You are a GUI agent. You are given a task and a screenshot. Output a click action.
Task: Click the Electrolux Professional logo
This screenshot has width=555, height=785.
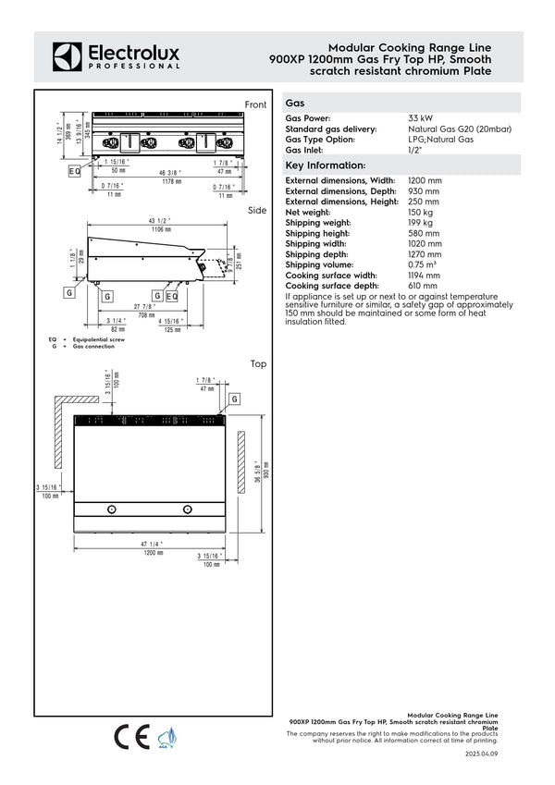pyautogui.click(x=116, y=55)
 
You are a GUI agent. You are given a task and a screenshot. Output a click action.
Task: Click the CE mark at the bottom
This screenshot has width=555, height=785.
pyautogui.click(x=130, y=737)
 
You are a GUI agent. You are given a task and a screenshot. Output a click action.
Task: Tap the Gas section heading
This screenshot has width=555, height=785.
pyautogui.click(x=296, y=104)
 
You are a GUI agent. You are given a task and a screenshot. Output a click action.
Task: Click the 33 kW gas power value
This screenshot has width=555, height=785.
pyautogui.click(x=420, y=119)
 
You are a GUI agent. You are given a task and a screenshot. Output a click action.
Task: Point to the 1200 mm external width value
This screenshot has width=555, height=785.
pyautogui.click(x=425, y=180)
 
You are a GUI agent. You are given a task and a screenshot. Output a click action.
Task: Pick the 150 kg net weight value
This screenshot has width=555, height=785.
pyautogui.click(x=420, y=212)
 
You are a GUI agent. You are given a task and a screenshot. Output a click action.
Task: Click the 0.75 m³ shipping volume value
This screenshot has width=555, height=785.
pyautogui.click(x=423, y=264)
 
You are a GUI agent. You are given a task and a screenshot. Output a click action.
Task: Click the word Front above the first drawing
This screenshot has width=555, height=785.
pyautogui.click(x=255, y=104)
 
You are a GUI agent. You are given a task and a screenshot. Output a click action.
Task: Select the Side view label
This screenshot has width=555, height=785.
pyautogui.click(x=257, y=211)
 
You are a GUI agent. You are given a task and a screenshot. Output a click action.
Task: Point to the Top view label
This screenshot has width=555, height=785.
pyautogui.click(x=258, y=364)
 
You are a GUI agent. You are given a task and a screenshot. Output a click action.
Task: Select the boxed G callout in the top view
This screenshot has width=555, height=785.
pyautogui.click(x=235, y=399)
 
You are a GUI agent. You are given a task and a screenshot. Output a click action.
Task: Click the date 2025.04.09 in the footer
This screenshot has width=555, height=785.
pyautogui.click(x=481, y=754)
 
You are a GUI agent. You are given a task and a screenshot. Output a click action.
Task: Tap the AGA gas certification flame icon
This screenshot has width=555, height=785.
pyautogui.click(x=167, y=737)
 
